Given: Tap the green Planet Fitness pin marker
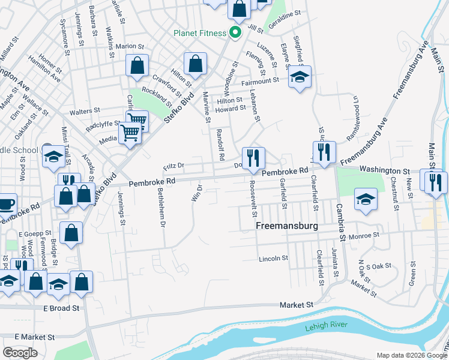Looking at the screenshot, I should click(235, 32).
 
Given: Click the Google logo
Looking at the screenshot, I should click(20, 352).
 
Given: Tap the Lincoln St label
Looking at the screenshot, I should click(274, 259).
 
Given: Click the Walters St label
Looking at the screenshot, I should click(85, 111).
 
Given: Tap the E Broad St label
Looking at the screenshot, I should click(61, 308).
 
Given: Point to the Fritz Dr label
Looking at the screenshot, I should click(173, 166).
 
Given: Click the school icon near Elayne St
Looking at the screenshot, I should click(300, 77).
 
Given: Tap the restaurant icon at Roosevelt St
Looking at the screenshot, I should click(253, 157).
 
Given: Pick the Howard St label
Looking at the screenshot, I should click(231, 109).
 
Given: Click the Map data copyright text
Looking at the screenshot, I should click(412, 355).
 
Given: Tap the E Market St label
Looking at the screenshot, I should click(35, 338).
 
